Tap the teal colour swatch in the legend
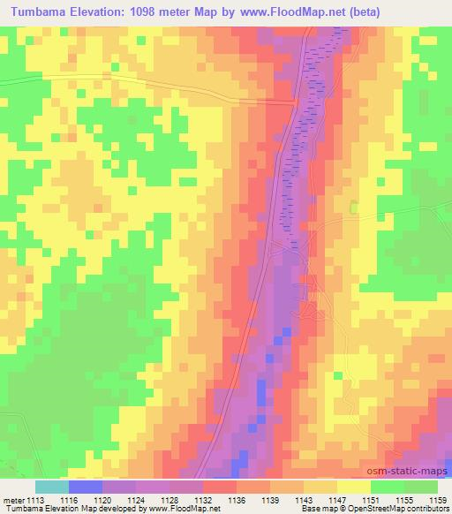[x=52, y=487]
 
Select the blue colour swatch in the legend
[x=86, y=487]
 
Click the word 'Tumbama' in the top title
[x=38, y=13]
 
